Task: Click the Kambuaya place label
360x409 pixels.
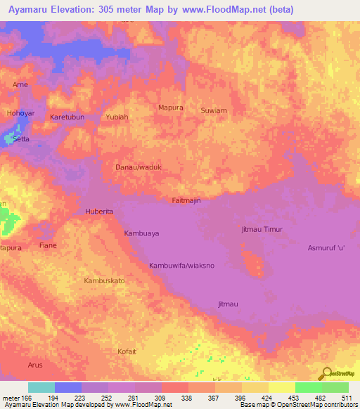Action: pos(141,233)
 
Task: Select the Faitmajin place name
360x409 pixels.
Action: pos(186,201)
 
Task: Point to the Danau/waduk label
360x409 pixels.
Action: pos(139,168)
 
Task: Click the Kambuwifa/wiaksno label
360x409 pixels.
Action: pos(181,266)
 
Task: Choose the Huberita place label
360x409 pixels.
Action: pos(99,211)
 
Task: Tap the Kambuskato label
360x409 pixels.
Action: pos(104,280)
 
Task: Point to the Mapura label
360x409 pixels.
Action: pos(171,108)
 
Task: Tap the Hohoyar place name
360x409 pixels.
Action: pos(20,112)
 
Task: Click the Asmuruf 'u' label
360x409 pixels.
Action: pos(327,248)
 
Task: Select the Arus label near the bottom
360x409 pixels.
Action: pos(35,365)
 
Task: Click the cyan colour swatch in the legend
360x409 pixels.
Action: pos(41,387)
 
